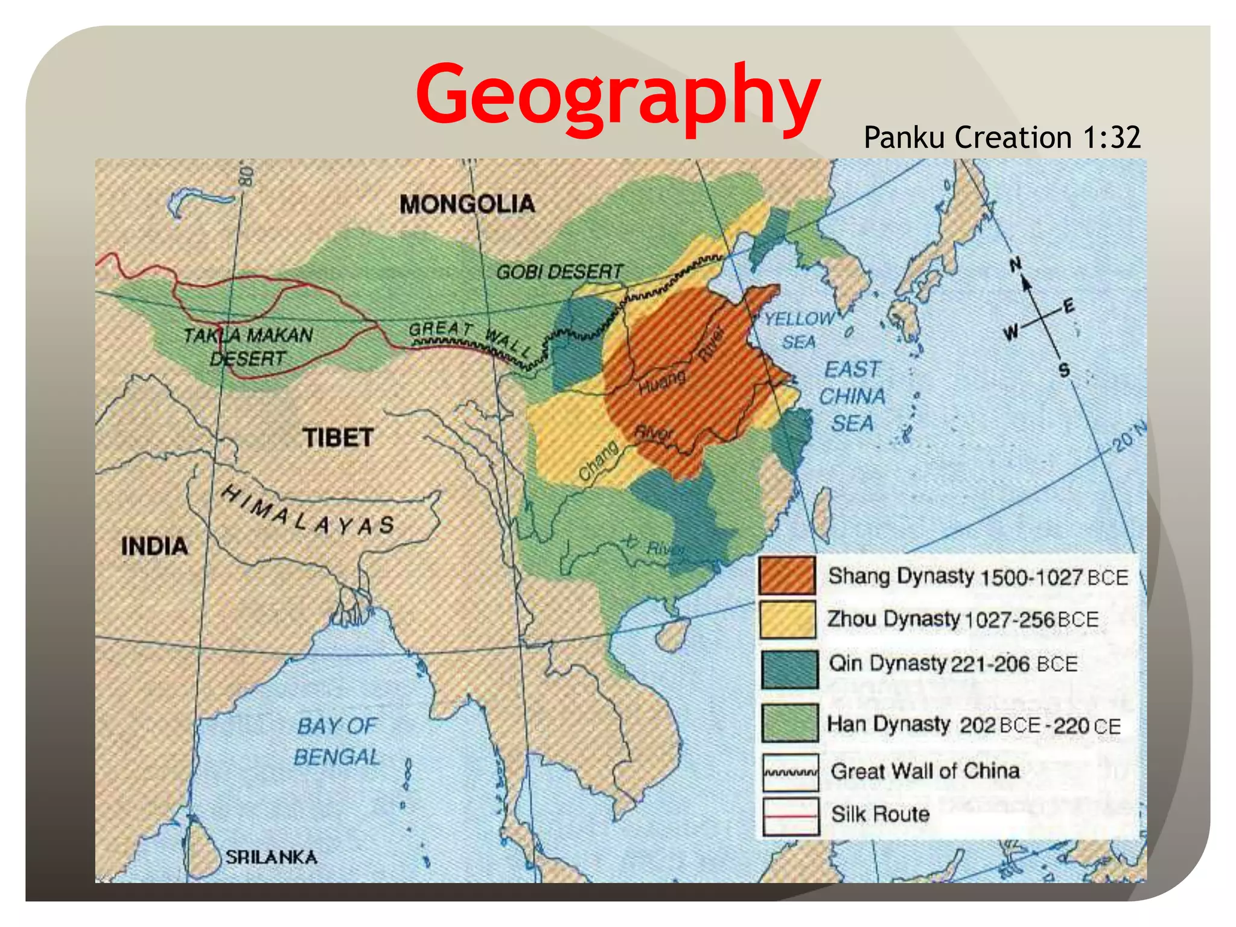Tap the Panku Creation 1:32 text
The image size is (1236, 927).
pos(1002,138)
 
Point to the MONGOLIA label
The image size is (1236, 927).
pos(467,204)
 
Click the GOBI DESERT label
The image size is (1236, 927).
pos(559,272)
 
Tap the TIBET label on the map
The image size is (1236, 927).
pos(338,438)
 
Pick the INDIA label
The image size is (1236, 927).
pos(154,546)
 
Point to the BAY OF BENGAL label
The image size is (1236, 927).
pos(337,741)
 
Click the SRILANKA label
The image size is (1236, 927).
pos(271,857)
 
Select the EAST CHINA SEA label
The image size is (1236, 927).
pos(852,396)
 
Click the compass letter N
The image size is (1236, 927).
pos(1016,264)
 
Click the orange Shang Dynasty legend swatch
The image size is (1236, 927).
pos(787,575)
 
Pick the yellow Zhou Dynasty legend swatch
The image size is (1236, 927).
pos(788,619)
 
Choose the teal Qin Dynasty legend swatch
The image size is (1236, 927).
pos(789,669)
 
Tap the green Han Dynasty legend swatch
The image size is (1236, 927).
pos(789,722)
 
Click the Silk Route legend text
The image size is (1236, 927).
pos(880,814)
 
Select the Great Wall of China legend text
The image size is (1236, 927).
pos(925,771)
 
